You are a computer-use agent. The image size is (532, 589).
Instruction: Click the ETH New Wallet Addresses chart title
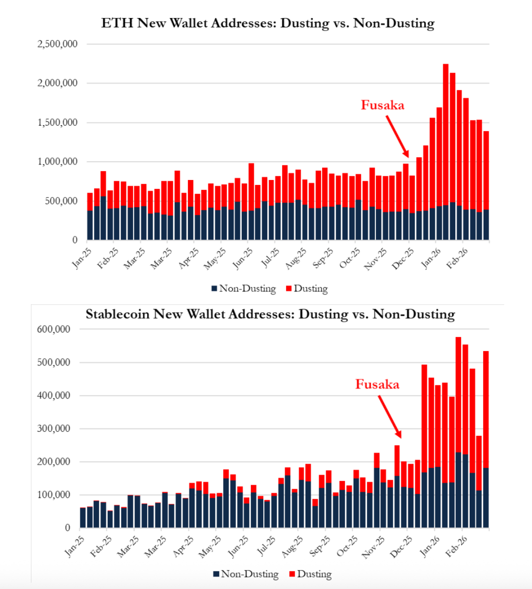tap(268, 23)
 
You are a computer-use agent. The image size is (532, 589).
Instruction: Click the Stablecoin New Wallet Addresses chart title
tap(270, 314)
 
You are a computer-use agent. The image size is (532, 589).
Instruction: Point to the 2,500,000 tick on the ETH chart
tap(57, 44)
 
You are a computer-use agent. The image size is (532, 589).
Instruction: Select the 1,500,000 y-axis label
tap(57, 123)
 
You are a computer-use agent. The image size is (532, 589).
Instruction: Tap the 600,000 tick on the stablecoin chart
tap(53, 329)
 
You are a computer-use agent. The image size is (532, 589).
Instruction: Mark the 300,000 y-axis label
tap(53, 428)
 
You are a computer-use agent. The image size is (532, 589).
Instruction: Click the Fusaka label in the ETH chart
tap(382, 105)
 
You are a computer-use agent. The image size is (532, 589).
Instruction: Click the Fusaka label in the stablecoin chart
tap(377, 384)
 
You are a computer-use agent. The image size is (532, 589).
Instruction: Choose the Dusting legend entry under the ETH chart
tap(307, 288)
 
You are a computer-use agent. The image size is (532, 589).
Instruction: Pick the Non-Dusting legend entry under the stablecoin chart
tap(246, 574)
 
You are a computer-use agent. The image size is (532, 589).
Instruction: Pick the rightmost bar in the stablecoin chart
tap(486, 439)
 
